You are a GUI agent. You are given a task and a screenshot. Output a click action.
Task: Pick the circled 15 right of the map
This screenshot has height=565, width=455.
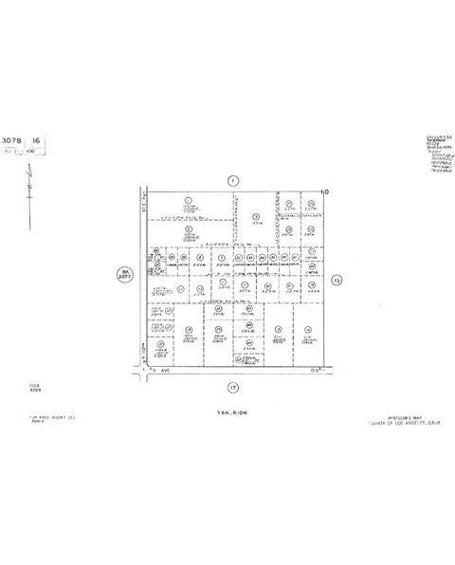(337, 280)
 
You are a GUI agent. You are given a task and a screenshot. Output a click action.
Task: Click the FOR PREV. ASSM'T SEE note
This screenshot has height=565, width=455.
(38, 416)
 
